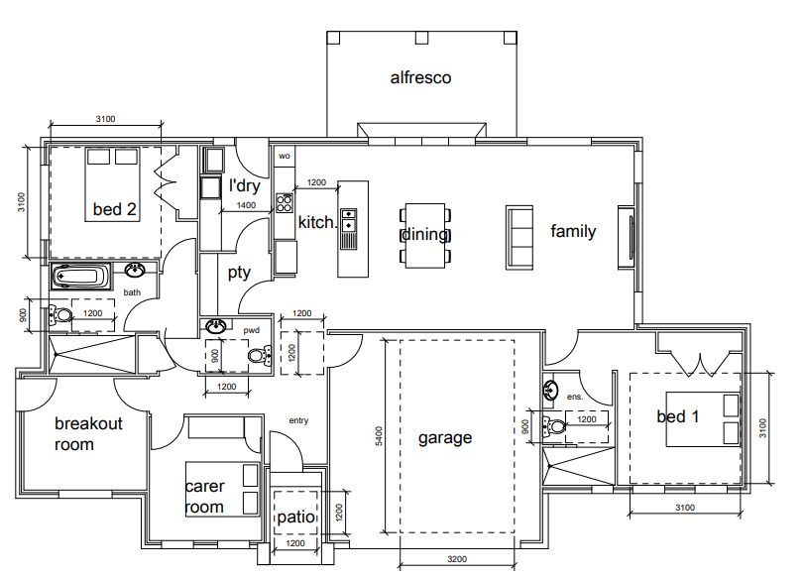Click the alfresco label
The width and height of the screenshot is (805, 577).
(420, 77)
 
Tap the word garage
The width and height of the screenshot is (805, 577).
(444, 437)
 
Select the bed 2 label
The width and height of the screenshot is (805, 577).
(114, 209)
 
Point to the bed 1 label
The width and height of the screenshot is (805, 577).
(678, 416)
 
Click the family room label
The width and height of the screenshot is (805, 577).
(573, 232)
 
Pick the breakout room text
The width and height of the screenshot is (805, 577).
(88, 434)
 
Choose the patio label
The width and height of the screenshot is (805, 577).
(295, 517)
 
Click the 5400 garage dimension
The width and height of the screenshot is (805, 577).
(378, 436)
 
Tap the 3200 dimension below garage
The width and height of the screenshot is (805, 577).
(456, 560)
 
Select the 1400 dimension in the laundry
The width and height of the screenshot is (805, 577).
(246, 205)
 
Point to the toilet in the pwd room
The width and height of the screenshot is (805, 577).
(258, 355)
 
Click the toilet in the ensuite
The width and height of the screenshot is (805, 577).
(554, 427)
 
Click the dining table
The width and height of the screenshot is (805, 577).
(425, 236)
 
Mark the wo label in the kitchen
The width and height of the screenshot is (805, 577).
(285, 156)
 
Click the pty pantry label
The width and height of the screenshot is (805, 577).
(239, 272)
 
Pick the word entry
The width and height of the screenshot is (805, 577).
(298, 420)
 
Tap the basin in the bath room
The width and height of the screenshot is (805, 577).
(136, 272)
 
